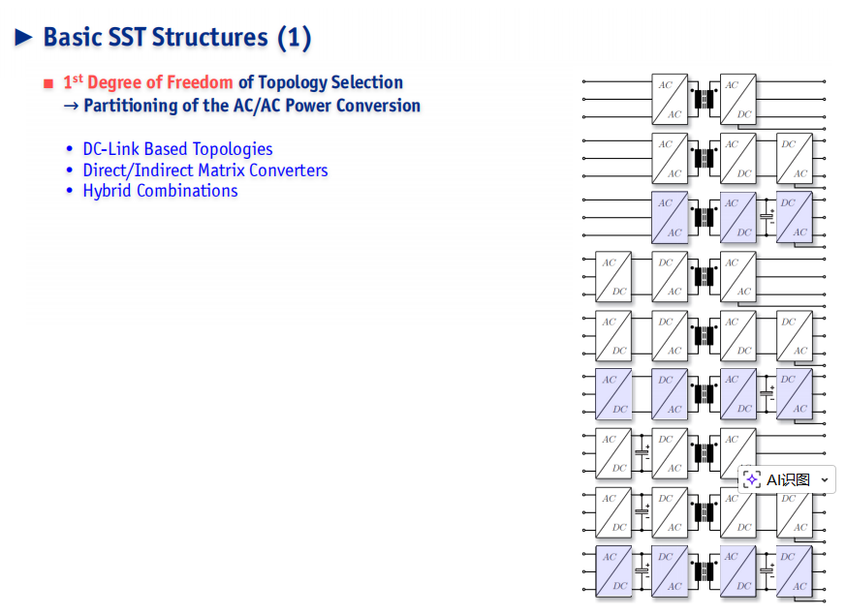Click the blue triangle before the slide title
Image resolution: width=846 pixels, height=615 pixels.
point(23,37)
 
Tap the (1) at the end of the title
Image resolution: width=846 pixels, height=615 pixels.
point(294,38)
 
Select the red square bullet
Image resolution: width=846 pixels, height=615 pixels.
point(48,83)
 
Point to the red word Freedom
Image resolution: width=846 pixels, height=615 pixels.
point(200,82)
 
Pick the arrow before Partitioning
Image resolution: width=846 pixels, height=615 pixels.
point(71,106)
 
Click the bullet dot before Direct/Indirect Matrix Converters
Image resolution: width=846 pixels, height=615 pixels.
point(69,170)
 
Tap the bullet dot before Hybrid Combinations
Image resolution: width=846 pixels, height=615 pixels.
point(69,191)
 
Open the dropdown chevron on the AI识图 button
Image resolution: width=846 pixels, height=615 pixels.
point(825,479)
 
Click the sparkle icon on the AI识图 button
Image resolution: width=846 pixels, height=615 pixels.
point(752,479)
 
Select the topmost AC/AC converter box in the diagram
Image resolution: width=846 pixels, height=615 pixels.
point(670,99)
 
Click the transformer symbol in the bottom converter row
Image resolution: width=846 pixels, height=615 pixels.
point(704,571)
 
